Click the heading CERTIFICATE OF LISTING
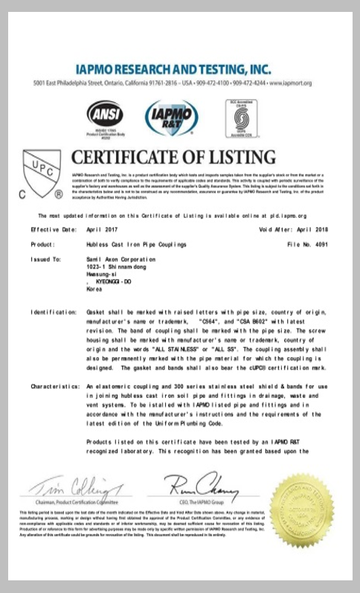tap(173, 158)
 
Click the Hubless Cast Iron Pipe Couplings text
tap(134, 243)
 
